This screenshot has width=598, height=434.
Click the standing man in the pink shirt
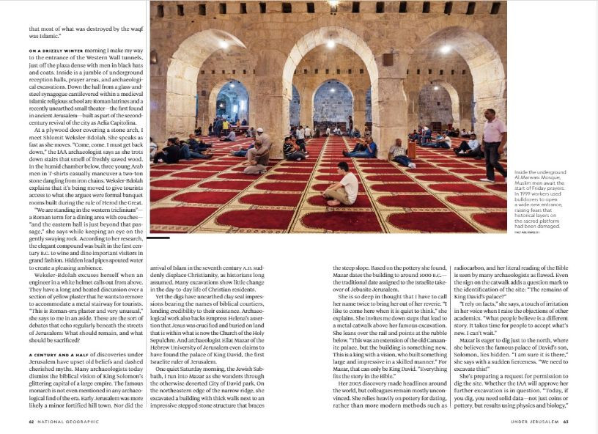tap(494, 144)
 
